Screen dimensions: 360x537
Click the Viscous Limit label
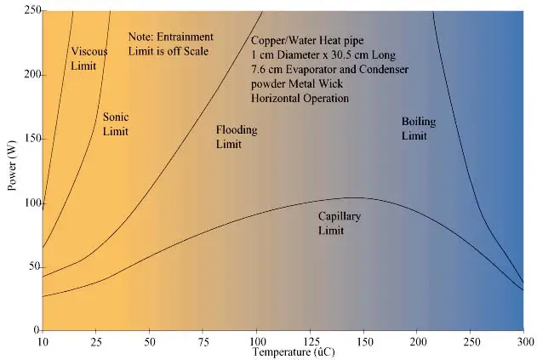click(89, 57)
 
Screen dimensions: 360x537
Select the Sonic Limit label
click(115, 124)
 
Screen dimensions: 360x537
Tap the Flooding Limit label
click(236, 137)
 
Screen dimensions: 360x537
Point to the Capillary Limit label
click(339, 223)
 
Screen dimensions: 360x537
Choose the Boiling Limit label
click(418, 129)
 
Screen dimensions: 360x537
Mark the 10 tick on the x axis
click(43, 340)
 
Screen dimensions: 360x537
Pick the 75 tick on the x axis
click(203, 340)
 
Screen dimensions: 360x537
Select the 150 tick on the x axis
click(363, 340)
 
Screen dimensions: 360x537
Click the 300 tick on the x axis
click(523, 340)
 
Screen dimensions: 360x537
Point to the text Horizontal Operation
click(300, 99)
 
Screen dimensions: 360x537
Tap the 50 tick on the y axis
click(31, 266)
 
